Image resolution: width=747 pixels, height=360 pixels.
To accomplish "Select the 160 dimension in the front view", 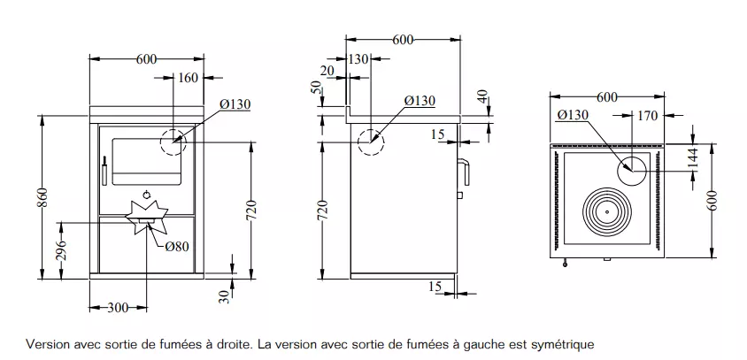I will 189,78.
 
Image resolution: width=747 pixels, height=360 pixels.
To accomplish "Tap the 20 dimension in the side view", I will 328,71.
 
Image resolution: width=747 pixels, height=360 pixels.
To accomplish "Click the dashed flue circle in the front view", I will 173,142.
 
